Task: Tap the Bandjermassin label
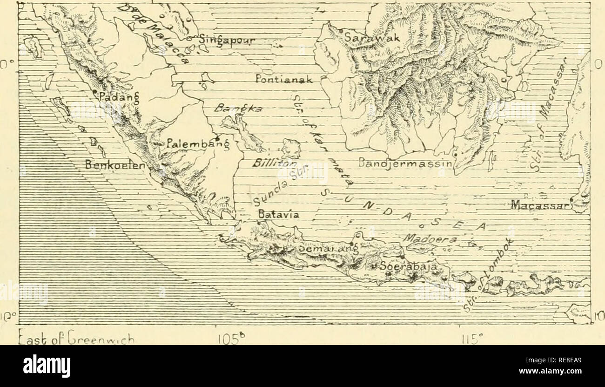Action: (x=403, y=164)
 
